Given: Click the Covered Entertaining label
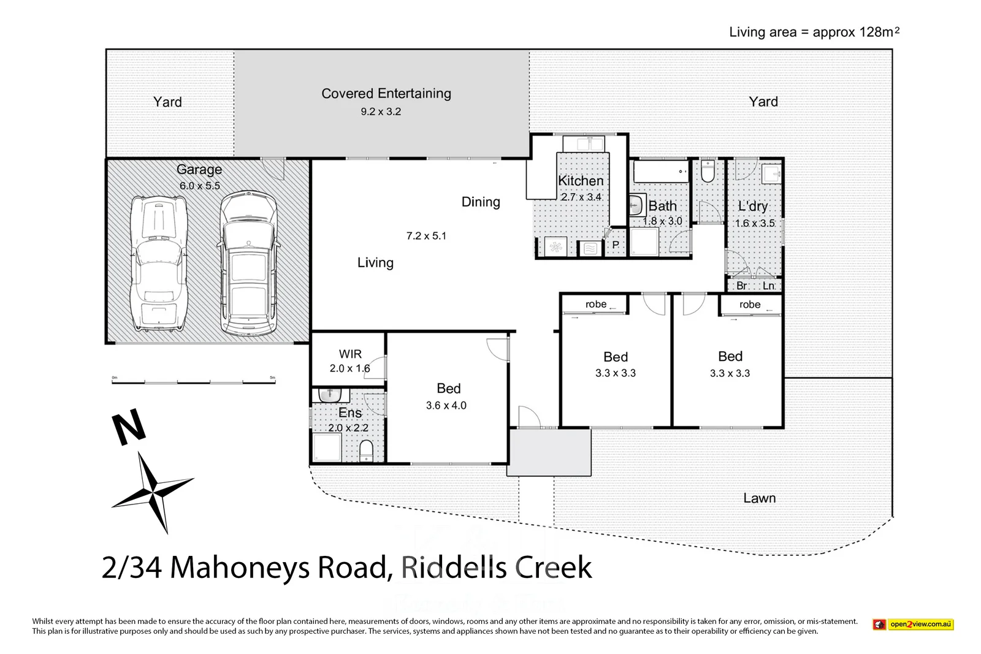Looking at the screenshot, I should click(386, 94).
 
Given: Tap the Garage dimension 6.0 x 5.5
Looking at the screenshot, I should click(199, 186).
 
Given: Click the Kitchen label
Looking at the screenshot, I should click(581, 181).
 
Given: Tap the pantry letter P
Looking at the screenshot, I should click(615, 245).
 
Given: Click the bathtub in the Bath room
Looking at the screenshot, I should click(660, 172).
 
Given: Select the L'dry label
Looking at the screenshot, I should click(752, 207).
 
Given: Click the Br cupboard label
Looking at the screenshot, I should click(741, 286).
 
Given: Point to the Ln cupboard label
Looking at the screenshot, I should click(768, 286).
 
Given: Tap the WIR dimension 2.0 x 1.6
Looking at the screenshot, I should click(349, 368).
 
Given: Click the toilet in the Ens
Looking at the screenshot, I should click(365, 451).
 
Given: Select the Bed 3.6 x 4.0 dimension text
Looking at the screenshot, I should click(446, 405).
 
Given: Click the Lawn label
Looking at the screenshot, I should click(759, 498).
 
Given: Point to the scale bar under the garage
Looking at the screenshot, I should click(194, 382).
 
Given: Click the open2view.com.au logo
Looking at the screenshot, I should click(913, 625).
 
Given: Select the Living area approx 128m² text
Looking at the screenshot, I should click(814, 32).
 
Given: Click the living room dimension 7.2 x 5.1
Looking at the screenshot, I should click(426, 236).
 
